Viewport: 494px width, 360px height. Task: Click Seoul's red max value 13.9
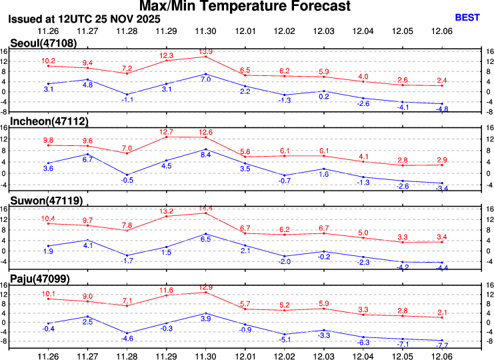[x=206, y=51]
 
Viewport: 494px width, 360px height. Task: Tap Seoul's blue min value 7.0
[x=206, y=79]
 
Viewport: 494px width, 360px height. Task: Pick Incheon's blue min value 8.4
[x=206, y=155]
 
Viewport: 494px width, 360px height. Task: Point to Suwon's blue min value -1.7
[x=127, y=261]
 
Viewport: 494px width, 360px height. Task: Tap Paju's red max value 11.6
[x=167, y=290]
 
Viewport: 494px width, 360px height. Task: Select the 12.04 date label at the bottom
[x=363, y=355]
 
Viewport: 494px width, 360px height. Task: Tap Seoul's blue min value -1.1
[x=127, y=99]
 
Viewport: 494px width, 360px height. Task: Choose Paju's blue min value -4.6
[x=127, y=339]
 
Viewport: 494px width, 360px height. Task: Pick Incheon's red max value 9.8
[x=48, y=141]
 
